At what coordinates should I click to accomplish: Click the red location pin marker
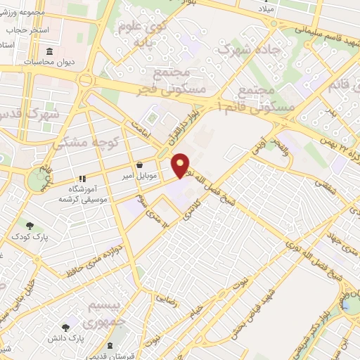point(181,165)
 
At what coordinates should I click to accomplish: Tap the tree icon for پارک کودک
point(30,226)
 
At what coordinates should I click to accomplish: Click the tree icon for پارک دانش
point(65,327)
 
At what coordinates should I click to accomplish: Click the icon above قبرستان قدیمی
point(111,345)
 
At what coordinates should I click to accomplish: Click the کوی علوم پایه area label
point(146,34)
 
